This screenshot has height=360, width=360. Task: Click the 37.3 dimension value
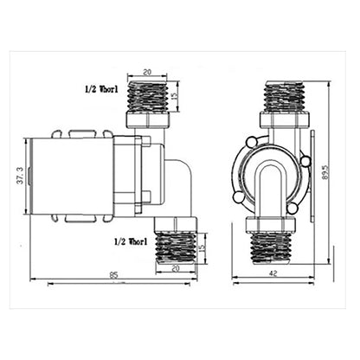pyautogui.click(x=20, y=176)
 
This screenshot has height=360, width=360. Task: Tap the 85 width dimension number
pyautogui.click(x=114, y=275)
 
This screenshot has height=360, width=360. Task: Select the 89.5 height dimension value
pyautogui.click(x=325, y=172)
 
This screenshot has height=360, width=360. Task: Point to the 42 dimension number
pyautogui.click(x=273, y=273)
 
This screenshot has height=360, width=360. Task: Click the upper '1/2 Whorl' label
pyautogui.click(x=101, y=89)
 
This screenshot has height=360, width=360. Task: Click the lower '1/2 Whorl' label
pyautogui.click(x=131, y=241)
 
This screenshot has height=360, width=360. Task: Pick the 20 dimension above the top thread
pyautogui.click(x=147, y=72)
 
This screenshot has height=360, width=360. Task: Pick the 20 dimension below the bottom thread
pyautogui.click(x=176, y=268)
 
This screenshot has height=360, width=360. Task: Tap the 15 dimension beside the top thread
pyautogui.click(x=174, y=96)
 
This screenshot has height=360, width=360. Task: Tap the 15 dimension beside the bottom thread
pyautogui.click(x=202, y=247)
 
